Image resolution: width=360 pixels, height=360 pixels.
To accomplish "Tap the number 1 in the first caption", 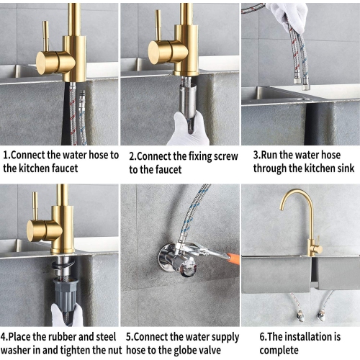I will click(6, 154).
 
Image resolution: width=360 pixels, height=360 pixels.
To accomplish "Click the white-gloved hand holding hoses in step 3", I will click(288, 14).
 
